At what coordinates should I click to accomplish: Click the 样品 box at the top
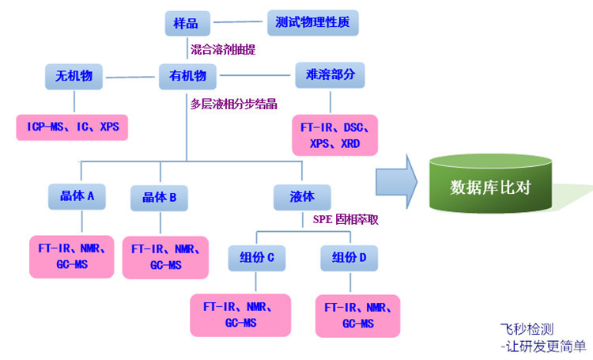point(187,21)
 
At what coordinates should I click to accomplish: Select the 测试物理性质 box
point(312,21)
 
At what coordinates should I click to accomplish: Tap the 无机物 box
point(74,77)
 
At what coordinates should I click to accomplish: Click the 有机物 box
point(187,77)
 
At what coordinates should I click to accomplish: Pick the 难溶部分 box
point(330,76)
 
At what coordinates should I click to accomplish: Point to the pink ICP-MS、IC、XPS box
point(72,127)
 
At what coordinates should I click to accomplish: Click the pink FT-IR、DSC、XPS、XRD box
point(334,134)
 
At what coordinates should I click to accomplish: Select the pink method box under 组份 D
point(357,314)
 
